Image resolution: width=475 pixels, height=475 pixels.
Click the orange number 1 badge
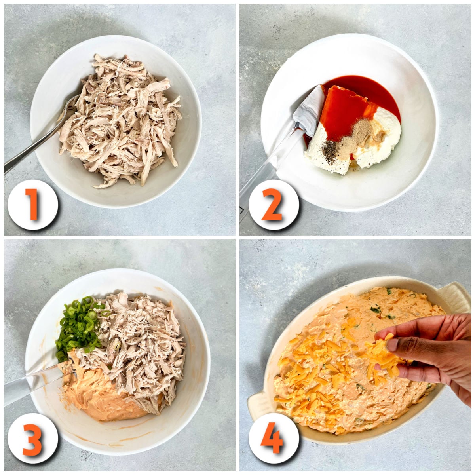coord(32,204)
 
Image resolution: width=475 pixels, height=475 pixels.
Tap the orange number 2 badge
coord(272,205)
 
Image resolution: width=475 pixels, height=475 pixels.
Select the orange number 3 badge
coord(32,438)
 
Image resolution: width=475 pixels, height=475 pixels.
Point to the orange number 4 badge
coord(272,438)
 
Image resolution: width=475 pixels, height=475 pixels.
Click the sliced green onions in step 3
coord(79,325)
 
